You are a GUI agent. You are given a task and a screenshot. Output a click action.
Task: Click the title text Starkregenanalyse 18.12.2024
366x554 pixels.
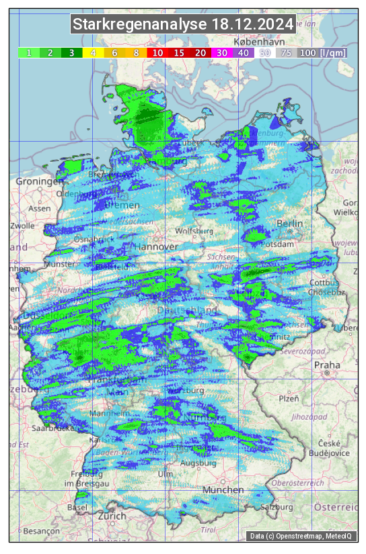183,25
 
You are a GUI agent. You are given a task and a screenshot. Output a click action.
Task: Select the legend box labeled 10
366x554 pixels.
158,52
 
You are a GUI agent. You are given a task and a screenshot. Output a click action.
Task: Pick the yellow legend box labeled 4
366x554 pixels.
94,52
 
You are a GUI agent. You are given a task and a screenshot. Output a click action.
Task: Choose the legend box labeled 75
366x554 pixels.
286,52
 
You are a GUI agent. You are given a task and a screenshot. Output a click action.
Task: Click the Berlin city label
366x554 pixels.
290,224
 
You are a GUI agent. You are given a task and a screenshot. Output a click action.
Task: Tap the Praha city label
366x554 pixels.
327,365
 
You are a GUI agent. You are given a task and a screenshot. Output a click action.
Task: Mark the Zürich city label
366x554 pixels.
111,516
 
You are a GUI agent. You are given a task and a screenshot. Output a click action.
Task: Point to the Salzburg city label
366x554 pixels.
279,507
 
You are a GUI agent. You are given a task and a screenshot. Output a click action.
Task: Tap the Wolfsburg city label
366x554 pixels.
194,231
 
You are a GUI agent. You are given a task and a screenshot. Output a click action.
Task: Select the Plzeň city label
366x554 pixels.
289,398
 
